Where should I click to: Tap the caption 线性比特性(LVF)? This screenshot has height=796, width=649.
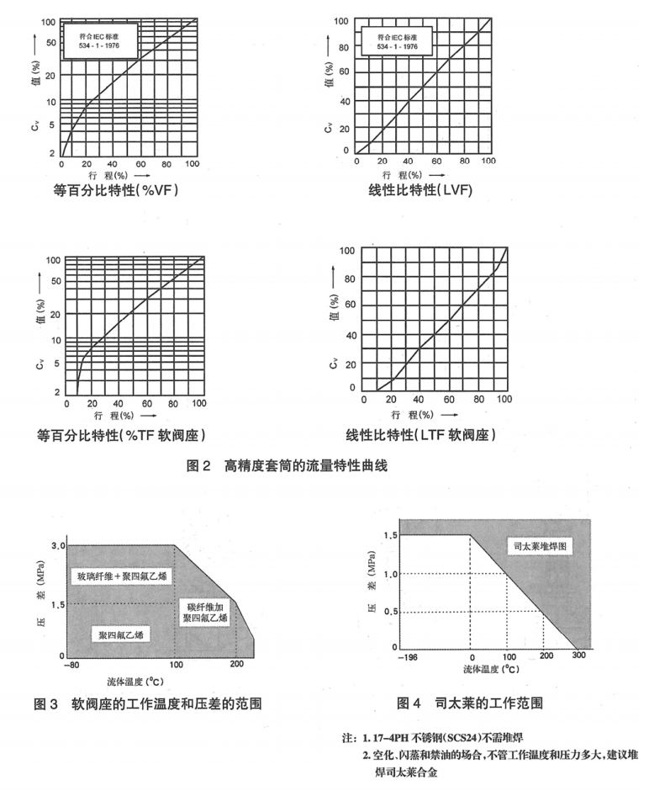(420, 190)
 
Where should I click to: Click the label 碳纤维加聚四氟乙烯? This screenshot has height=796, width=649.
(204, 612)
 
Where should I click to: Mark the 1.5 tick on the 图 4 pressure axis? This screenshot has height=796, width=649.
(390, 535)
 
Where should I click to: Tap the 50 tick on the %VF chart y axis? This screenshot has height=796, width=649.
(50, 42)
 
